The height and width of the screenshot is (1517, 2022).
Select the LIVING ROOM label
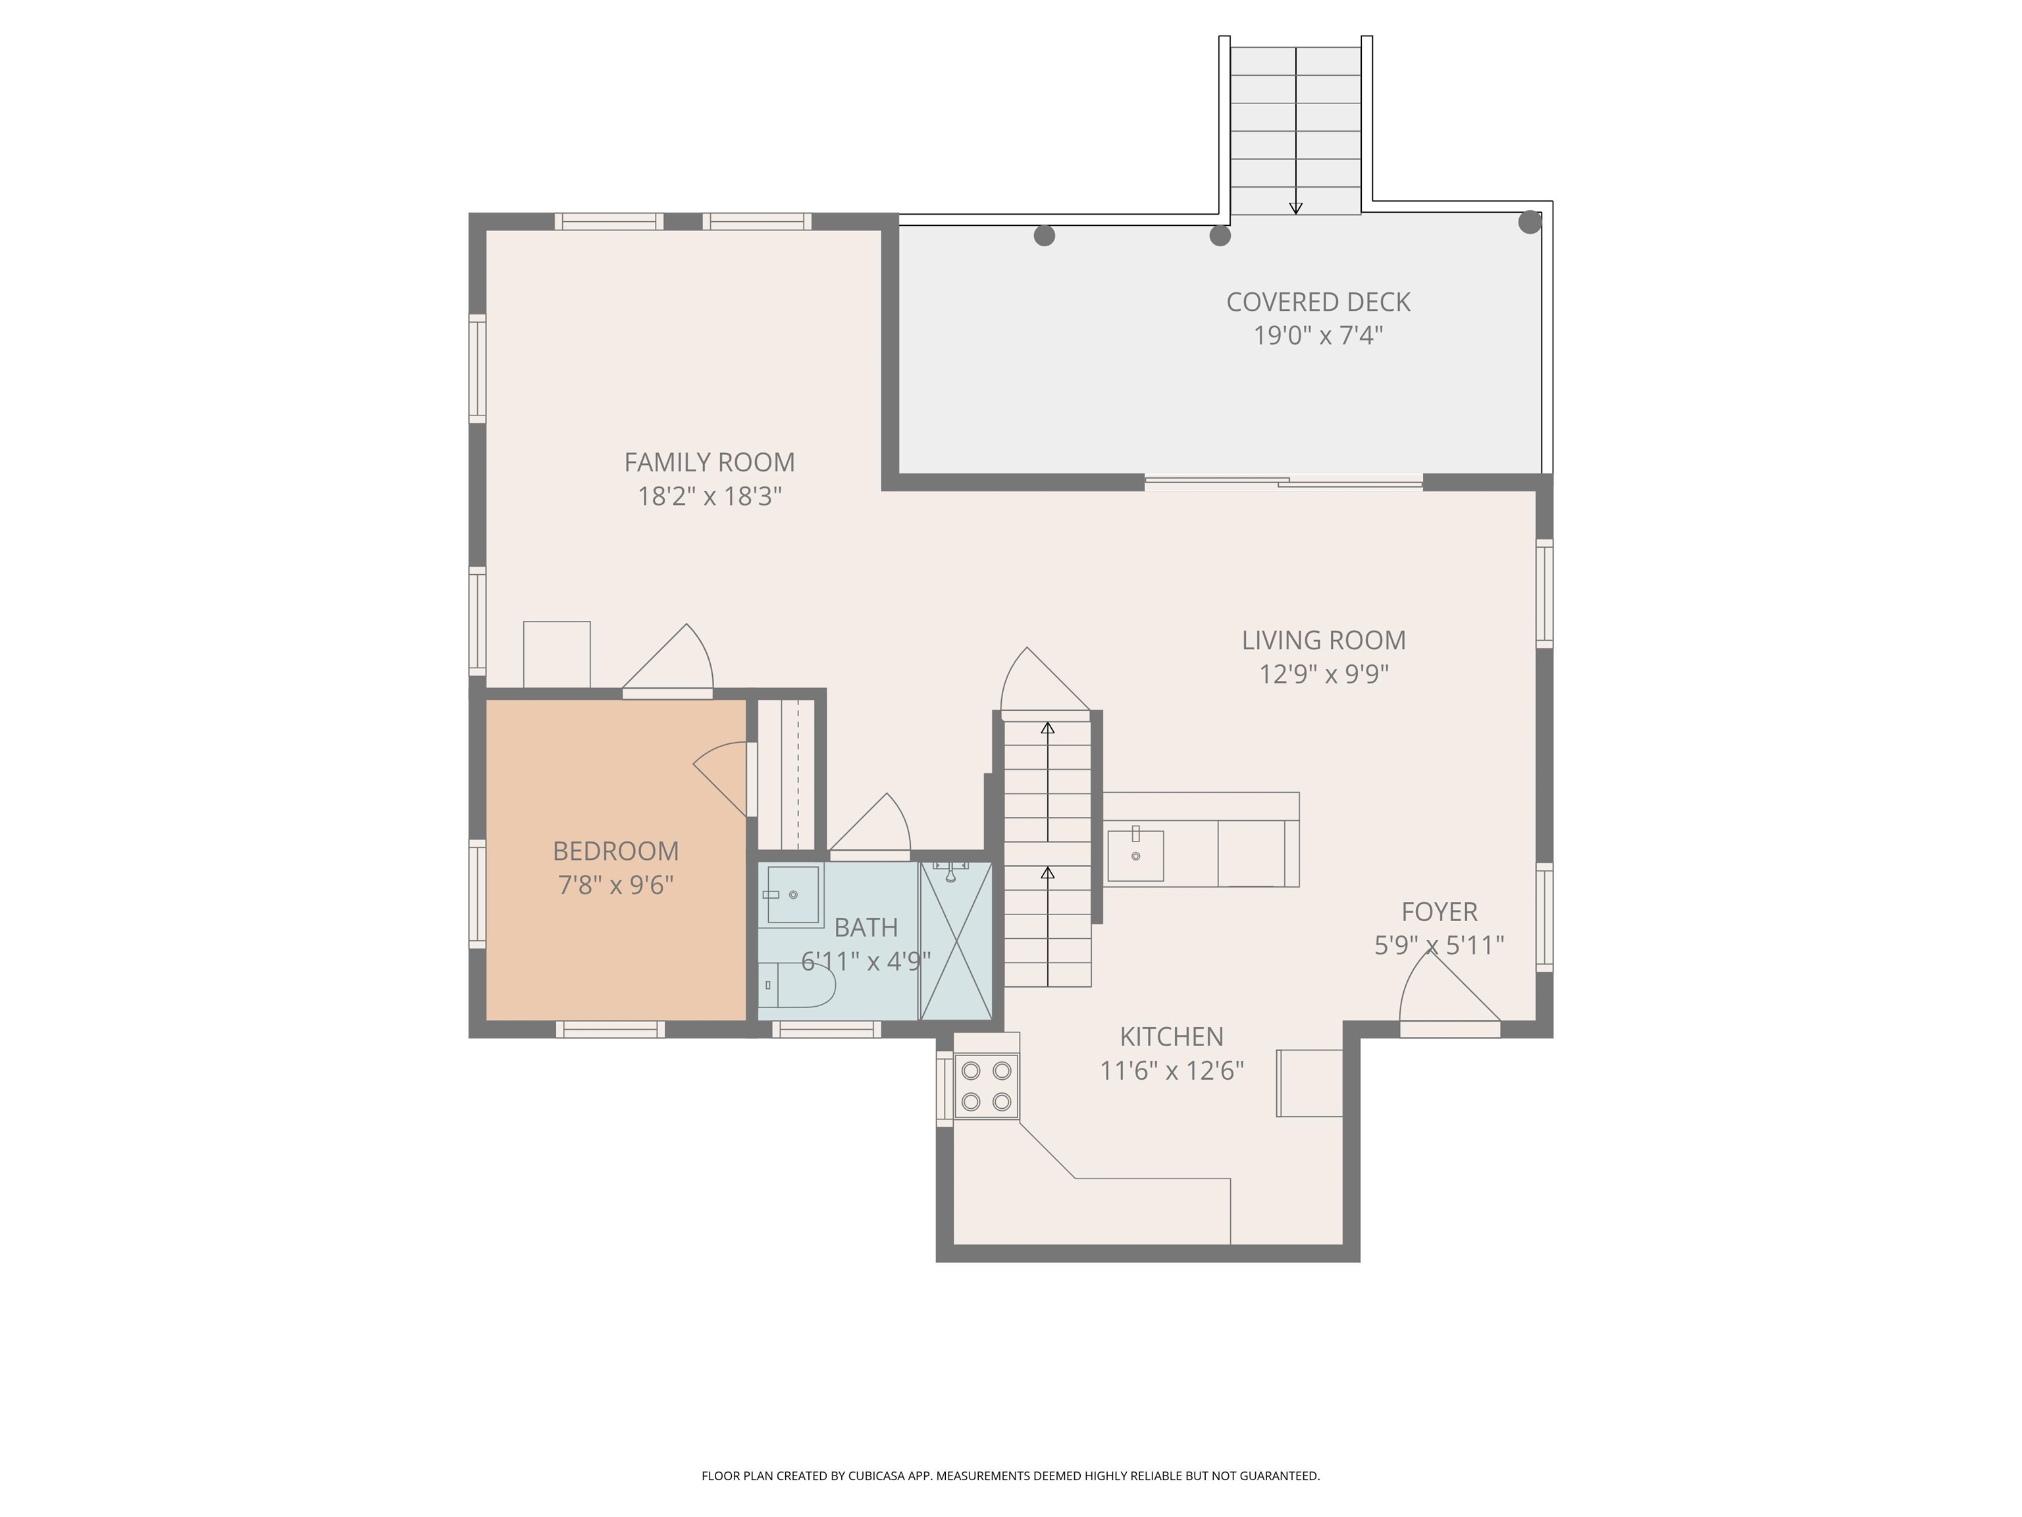[1323, 640]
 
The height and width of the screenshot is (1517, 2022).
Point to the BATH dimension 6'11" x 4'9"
[866, 961]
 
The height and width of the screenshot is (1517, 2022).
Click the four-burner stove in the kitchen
[987, 1085]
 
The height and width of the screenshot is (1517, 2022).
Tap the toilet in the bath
[797, 985]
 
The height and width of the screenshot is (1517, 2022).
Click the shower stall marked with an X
[955, 940]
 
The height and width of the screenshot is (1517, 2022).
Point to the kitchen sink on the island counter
[1135, 855]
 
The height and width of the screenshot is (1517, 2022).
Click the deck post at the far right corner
[1529, 222]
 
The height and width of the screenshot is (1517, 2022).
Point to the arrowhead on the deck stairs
[1295, 209]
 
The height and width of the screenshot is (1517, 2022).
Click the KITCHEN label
[1171, 1037]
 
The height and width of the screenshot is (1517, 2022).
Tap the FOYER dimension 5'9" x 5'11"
[1439, 945]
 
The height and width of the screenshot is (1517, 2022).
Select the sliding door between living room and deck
[1283, 482]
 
